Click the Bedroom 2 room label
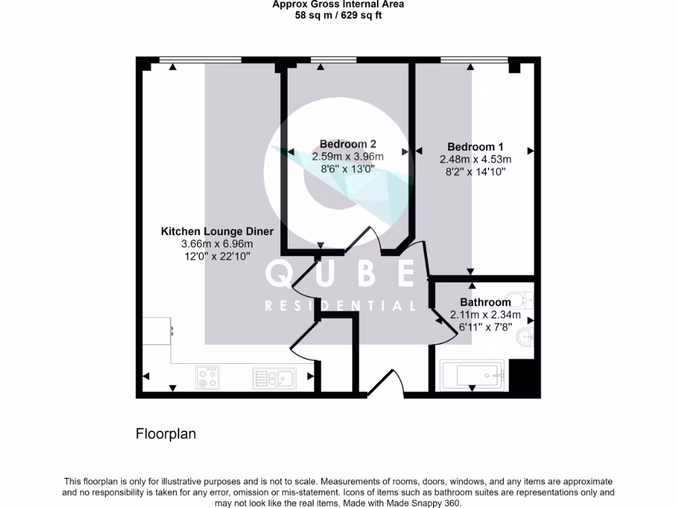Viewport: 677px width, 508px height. click(x=348, y=144)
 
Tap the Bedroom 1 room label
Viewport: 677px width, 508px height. click(x=475, y=147)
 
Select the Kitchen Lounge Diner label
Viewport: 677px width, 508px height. click(x=217, y=232)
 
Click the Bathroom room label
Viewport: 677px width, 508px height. click(x=485, y=302)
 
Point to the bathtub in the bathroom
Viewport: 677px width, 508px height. click(x=471, y=375)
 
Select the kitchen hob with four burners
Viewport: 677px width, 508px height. click(x=207, y=378)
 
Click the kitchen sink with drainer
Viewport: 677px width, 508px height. click(x=274, y=378)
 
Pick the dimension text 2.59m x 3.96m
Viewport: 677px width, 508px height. click(x=348, y=157)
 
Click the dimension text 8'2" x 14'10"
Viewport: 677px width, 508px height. click(x=475, y=171)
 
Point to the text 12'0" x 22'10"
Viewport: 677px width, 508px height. click(x=217, y=257)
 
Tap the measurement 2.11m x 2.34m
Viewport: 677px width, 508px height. click(x=485, y=314)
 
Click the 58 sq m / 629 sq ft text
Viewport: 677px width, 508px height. click(x=338, y=15)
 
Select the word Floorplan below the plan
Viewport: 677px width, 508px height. click(x=166, y=435)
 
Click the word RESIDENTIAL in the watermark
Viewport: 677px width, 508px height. click(x=340, y=306)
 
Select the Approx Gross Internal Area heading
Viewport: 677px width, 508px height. click(x=338, y=5)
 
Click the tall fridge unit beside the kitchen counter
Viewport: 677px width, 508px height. click(x=157, y=331)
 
